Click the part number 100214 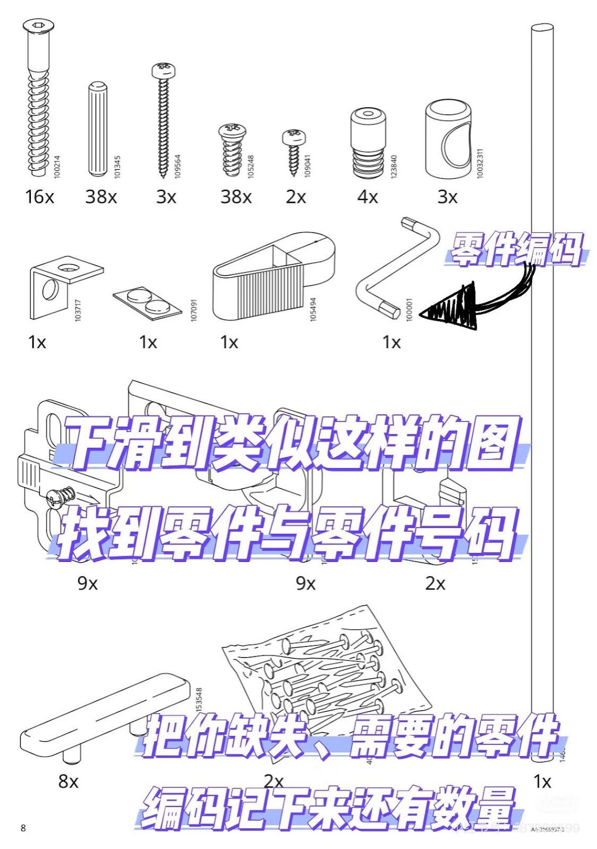(57, 167)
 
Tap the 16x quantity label (39, 197)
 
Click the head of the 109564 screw (163, 70)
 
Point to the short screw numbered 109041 (294, 151)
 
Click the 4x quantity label (368, 197)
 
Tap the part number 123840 (394, 166)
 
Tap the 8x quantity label (69, 781)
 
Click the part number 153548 (199, 699)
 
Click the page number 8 (23, 828)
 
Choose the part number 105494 (313, 309)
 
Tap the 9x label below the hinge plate (88, 583)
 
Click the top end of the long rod (542, 28)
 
